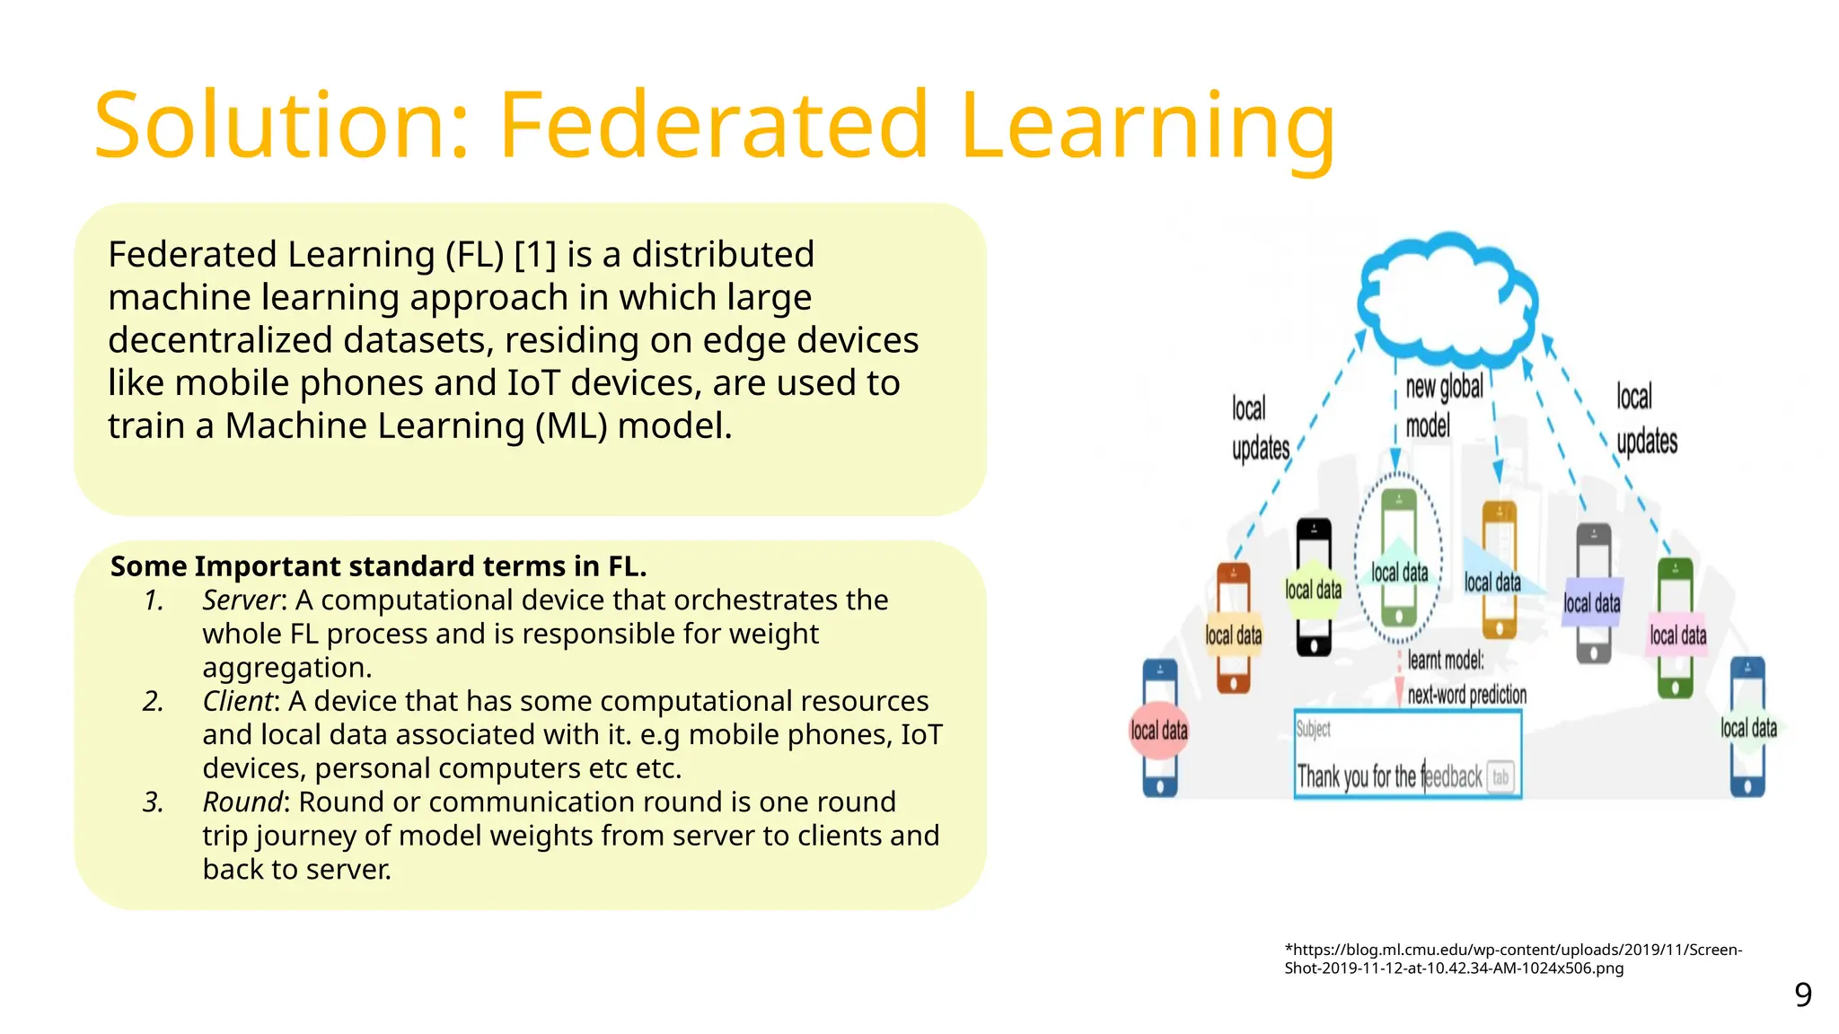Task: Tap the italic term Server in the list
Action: (x=241, y=600)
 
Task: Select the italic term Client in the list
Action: (x=237, y=701)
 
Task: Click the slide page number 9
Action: (x=1802, y=995)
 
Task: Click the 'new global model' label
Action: (x=1443, y=406)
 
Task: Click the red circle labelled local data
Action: (x=1159, y=731)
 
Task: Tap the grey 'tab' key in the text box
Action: (x=1500, y=777)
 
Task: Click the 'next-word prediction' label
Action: (x=1466, y=695)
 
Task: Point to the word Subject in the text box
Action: (x=1313, y=729)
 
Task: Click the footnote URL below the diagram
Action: (x=1512, y=959)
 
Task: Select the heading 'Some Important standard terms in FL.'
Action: (x=378, y=566)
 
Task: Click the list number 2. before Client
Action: (x=154, y=701)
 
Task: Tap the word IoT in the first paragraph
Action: (x=533, y=383)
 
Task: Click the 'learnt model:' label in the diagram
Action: (x=1446, y=661)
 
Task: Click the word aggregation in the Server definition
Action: (x=286, y=668)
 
